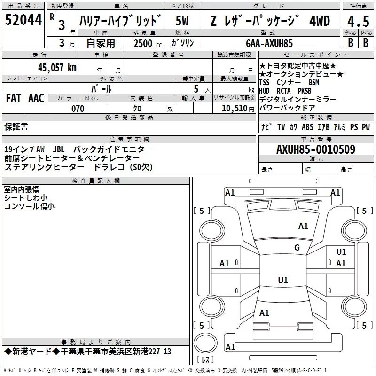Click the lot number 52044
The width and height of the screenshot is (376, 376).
tap(23, 20)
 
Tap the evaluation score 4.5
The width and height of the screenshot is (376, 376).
tap(357, 22)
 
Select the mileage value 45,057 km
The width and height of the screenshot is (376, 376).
tap(52, 67)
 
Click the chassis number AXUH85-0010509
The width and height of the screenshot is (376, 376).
tap(315, 149)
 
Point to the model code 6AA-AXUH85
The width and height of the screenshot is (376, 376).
tap(269, 43)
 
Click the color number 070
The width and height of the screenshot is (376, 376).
tap(78, 109)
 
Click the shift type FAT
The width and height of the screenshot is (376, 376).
tap(13, 98)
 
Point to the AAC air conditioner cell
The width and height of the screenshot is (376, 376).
tap(36, 98)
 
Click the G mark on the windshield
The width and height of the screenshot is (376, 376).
tap(297, 247)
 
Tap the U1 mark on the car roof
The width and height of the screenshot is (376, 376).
tap(282, 281)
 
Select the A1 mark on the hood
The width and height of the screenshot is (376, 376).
tap(303, 226)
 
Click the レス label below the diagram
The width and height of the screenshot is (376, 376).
tap(205, 360)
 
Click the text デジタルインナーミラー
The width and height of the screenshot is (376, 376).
tap(297, 100)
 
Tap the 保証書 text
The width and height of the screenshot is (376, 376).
tap(16, 126)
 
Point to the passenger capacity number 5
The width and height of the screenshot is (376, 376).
tap(195, 89)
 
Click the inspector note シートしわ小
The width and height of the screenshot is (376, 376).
tap(25, 198)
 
